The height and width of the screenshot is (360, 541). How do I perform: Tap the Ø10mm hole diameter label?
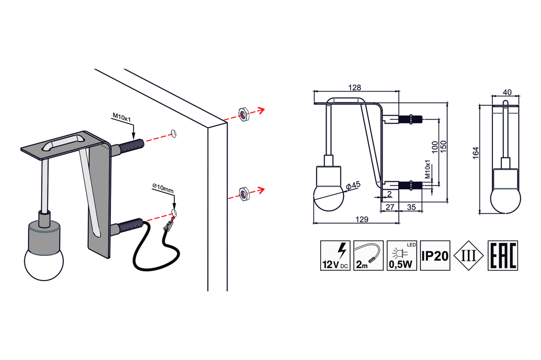[x=162, y=187]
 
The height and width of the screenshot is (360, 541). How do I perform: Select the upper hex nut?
[x=243, y=113]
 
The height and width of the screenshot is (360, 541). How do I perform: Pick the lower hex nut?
[x=243, y=193]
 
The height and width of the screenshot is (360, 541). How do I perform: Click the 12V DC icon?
[x=335, y=256]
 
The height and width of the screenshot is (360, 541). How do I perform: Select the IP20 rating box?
[x=435, y=256]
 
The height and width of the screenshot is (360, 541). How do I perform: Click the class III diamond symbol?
[x=469, y=256]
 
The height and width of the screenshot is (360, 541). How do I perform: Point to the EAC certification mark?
[x=502, y=256]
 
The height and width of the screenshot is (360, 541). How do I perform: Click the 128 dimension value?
[x=355, y=87]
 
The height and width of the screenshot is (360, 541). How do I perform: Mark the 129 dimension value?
[x=361, y=219]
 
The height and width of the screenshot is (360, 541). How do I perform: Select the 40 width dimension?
[x=507, y=93]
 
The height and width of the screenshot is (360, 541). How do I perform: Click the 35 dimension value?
[x=412, y=207]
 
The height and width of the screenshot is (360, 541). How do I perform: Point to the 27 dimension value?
[x=390, y=207]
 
